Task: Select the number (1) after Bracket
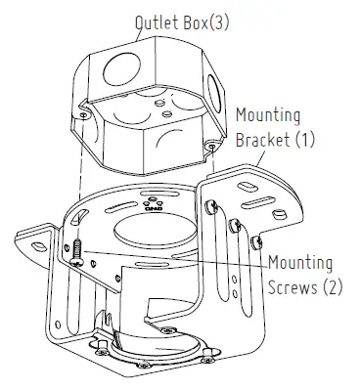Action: [x=306, y=140]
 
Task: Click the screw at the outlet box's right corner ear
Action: [x=212, y=147]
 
